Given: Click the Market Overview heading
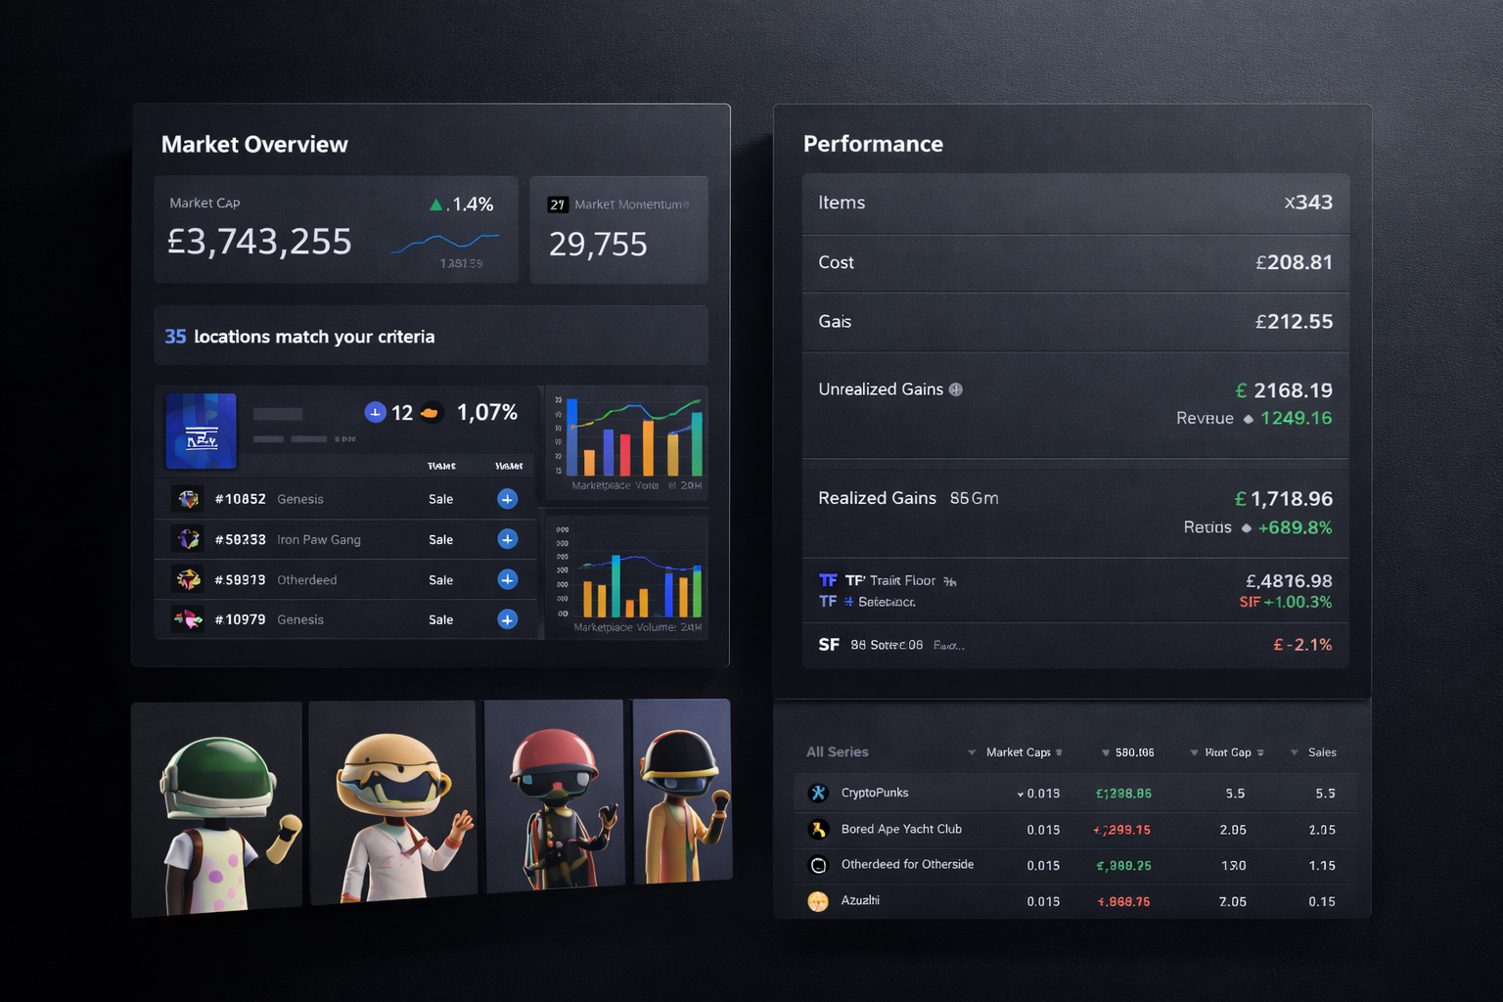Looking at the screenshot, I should (x=254, y=145).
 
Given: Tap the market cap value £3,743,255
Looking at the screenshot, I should (x=259, y=242).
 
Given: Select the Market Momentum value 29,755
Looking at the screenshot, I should (x=598, y=245).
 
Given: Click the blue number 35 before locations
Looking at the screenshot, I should (x=175, y=337).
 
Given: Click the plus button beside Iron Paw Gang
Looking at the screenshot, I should (x=507, y=539).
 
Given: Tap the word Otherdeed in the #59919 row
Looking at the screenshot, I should (x=306, y=580).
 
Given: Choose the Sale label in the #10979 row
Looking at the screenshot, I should (x=440, y=620).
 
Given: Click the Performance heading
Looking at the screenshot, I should (x=873, y=144).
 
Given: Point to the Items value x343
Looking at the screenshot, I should (x=1308, y=203).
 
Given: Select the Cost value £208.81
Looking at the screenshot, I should (x=1294, y=262).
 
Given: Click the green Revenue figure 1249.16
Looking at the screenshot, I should (x=1296, y=419).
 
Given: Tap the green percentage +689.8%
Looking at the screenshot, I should (x=1295, y=527).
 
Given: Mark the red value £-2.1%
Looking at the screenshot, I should (x=1302, y=645).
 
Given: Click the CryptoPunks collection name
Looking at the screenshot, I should (x=875, y=793).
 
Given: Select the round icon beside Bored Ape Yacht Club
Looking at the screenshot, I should (x=818, y=830).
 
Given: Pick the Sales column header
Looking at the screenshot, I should (x=1321, y=752).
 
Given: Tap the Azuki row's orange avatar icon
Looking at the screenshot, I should (x=818, y=901).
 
